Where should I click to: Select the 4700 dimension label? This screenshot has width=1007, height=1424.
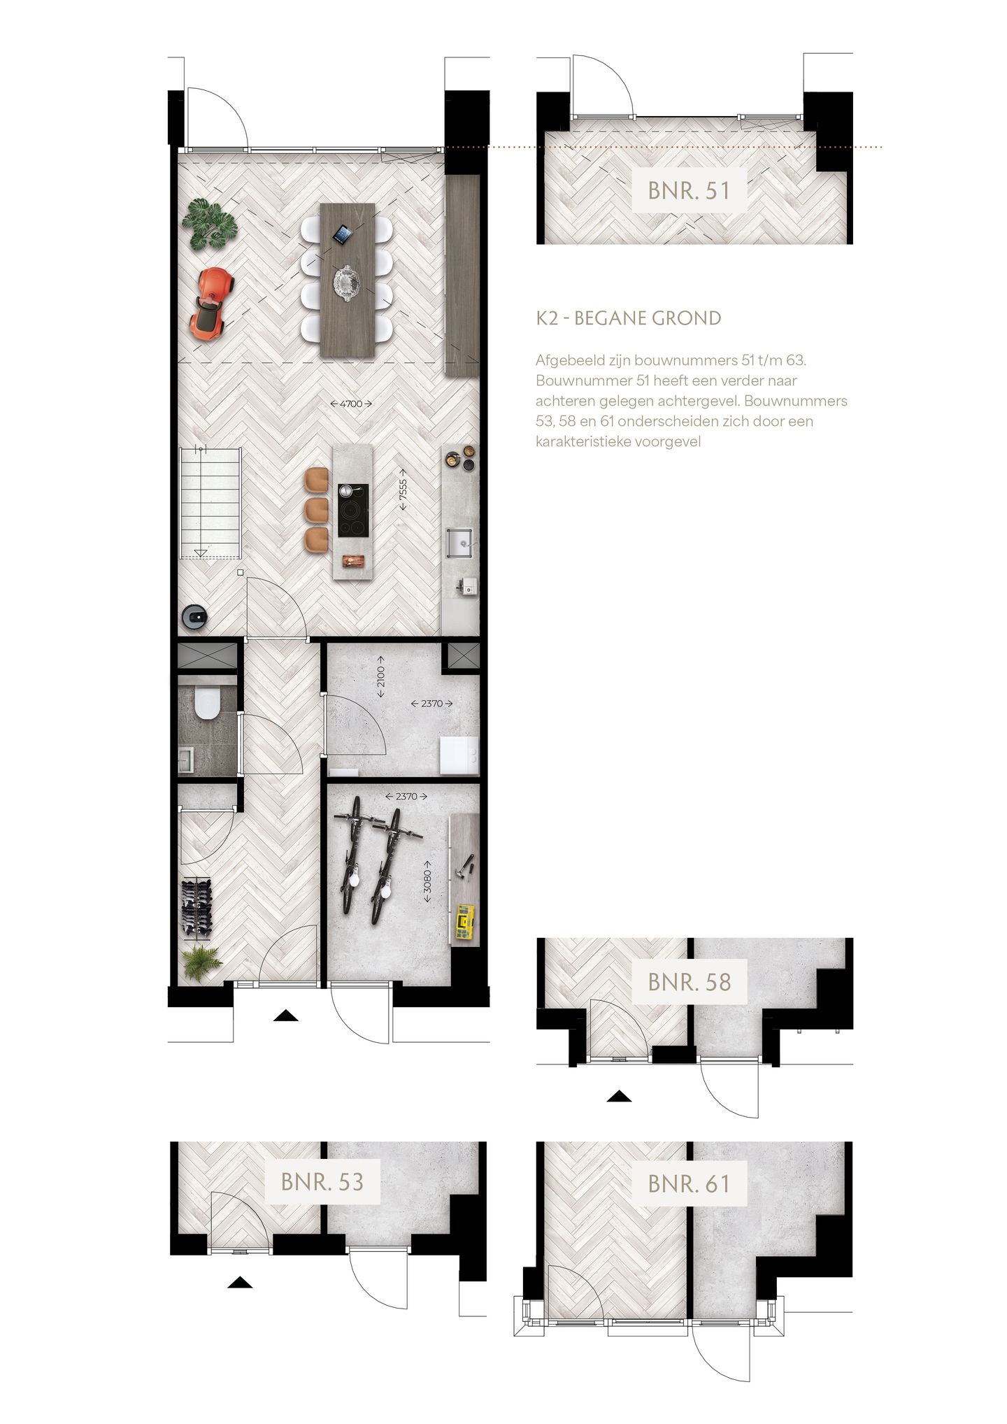tap(351, 404)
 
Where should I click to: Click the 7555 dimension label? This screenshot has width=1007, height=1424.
tap(403, 487)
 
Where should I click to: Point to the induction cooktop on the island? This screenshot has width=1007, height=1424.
tap(353, 511)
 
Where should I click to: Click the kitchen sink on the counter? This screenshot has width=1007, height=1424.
tap(460, 539)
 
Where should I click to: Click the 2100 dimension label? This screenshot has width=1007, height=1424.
tap(381, 676)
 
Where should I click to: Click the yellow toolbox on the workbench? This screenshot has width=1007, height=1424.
tap(464, 922)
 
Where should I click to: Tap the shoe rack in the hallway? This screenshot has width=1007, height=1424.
tap(197, 907)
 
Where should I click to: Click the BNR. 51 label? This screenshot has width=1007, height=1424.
tap(689, 190)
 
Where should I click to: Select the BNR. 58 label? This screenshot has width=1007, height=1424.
tap(689, 982)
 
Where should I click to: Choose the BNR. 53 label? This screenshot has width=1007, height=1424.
tap(322, 1182)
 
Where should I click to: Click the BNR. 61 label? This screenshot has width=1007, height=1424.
tap(689, 1184)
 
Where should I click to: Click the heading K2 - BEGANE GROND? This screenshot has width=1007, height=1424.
tap(628, 318)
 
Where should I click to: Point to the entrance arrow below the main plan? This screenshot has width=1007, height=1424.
tap(285, 1016)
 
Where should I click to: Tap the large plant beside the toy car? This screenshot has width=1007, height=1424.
tap(209, 224)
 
